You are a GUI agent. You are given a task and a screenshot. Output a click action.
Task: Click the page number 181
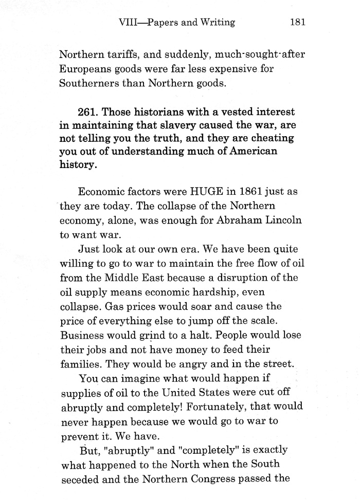[298, 22]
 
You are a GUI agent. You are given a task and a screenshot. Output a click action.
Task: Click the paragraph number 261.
[87, 112]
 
